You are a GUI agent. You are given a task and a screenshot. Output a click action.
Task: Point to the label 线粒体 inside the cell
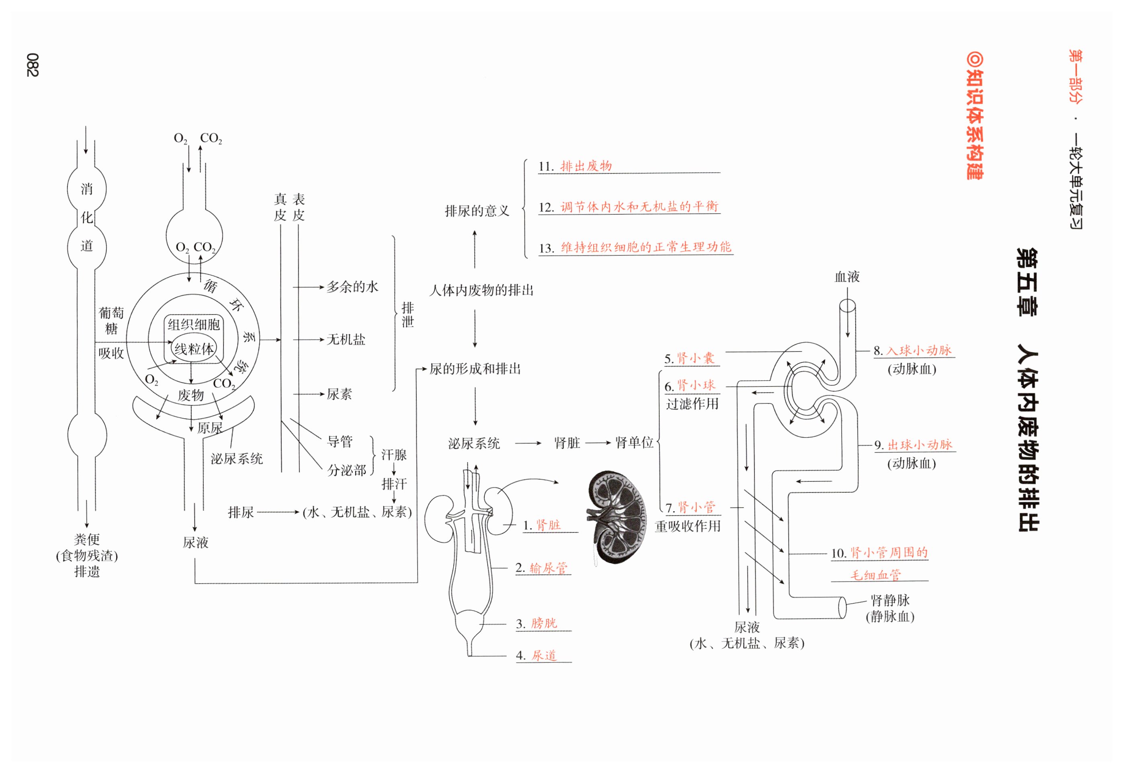tap(194, 348)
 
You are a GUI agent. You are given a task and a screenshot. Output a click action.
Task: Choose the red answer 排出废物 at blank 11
tap(586, 166)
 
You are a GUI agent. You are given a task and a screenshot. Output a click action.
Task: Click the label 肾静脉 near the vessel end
tap(890, 600)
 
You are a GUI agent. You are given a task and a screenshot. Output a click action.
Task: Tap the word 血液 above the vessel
tap(846, 277)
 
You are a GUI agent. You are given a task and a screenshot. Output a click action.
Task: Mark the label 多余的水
tap(352, 287)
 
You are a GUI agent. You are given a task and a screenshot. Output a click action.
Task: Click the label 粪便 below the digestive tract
tap(87, 539)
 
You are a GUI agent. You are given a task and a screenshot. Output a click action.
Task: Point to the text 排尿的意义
tap(477, 211)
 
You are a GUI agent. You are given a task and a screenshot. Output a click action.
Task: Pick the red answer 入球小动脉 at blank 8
tap(919, 350)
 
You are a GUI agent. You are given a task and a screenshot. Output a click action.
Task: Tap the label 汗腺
tap(393, 455)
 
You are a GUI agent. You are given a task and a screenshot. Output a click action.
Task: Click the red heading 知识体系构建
tap(974, 116)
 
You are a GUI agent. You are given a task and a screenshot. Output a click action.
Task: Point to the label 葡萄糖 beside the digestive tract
tap(111, 321)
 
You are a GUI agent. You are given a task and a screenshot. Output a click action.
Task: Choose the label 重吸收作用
tap(687, 526)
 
